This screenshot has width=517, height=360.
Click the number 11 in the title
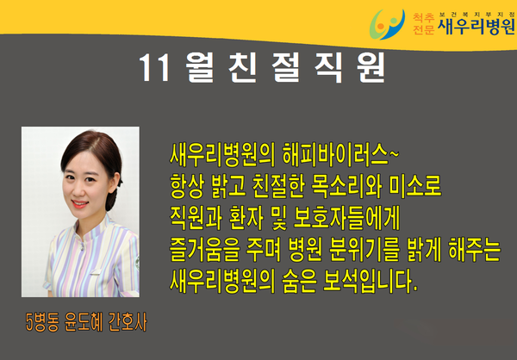[154, 68]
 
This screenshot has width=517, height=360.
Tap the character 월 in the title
[199, 67]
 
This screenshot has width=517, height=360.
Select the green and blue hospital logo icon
[387, 24]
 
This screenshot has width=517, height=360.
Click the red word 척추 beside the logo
[423, 17]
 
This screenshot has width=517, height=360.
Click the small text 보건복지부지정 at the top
[477, 14]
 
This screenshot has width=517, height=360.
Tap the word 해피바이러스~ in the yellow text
[340, 155]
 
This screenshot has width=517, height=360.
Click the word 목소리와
[347, 186]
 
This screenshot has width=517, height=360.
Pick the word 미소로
[415, 186]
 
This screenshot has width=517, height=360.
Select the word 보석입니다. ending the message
[370, 282]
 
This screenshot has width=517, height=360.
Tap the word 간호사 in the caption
[128, 322]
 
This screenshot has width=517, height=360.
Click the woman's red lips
[80, 204]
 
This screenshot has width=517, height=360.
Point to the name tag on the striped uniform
[96, 272]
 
